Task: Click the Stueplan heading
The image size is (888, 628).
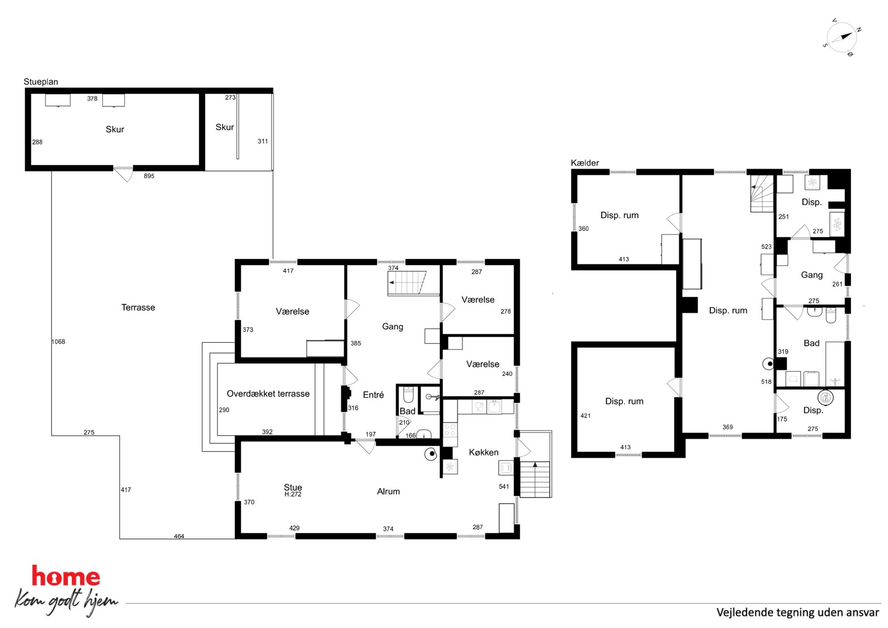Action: click(41, 81)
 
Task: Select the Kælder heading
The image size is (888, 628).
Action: click(585, 163)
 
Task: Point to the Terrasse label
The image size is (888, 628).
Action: click(138, 308)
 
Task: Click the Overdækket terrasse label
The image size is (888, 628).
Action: click(268, 394)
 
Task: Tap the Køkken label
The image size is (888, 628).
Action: click(483, 453)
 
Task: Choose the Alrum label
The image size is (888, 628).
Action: click(388, 491)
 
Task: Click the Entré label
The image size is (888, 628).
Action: click(373, 395)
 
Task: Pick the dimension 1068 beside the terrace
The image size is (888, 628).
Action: click(58, 342)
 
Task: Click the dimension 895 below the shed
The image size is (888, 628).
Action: click(149, 176)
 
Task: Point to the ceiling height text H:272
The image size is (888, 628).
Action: click(293, 495)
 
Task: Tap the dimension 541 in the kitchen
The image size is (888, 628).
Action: click(504, 487)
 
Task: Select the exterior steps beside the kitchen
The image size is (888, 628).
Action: click(534, 479)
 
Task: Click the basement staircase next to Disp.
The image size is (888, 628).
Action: click(762, 193)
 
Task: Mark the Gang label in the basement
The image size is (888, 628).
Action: click(811, 275)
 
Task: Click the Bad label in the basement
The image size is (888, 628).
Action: click(811, 343)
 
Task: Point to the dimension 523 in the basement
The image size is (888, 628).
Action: click(766, 247)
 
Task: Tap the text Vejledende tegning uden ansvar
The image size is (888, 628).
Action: click(798, 612)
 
